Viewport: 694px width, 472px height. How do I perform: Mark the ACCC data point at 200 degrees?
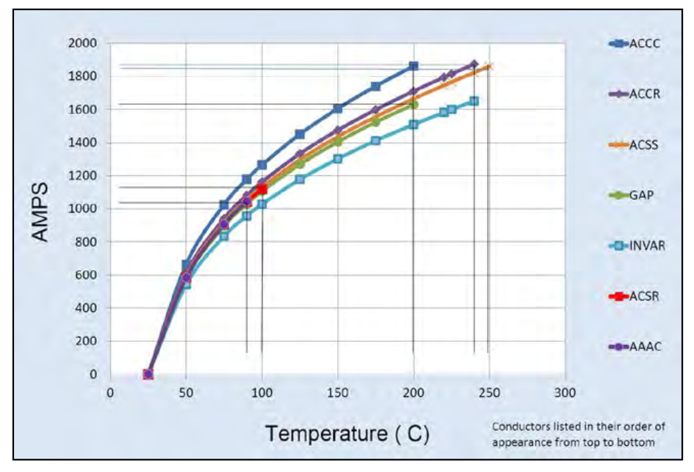tap(414, 66)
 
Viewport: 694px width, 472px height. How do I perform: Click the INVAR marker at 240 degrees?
tap(474, 101)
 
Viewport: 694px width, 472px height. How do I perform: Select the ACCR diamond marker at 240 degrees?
tap(474, 64)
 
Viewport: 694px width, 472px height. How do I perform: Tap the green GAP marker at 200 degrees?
tap(414, 104)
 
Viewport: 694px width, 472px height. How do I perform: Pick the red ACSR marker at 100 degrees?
tap(262, 189)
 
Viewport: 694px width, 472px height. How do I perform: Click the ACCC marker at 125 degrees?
tap(300, 134)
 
